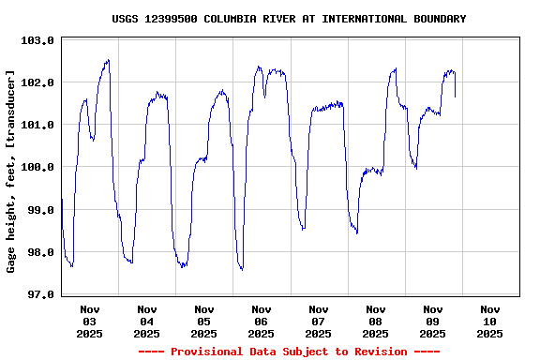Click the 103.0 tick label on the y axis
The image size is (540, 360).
point(38,40)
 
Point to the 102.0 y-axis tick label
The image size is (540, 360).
point(38,82)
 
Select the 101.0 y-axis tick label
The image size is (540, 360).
point(38,125)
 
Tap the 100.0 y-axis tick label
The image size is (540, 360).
point(38,167)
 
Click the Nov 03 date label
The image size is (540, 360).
point(90,321)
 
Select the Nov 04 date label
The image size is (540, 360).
point(147,321)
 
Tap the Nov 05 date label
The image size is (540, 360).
point(204,321)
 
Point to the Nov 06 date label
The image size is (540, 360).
point(262,321)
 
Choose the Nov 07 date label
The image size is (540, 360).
point(319,321)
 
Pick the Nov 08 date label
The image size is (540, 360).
point(376,321)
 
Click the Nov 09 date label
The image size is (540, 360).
point(433,321)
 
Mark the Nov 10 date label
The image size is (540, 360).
point(490,321)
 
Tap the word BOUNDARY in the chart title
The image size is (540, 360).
point(436,19)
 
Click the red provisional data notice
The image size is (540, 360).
point(289,352)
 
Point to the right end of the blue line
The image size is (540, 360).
point(456,97)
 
